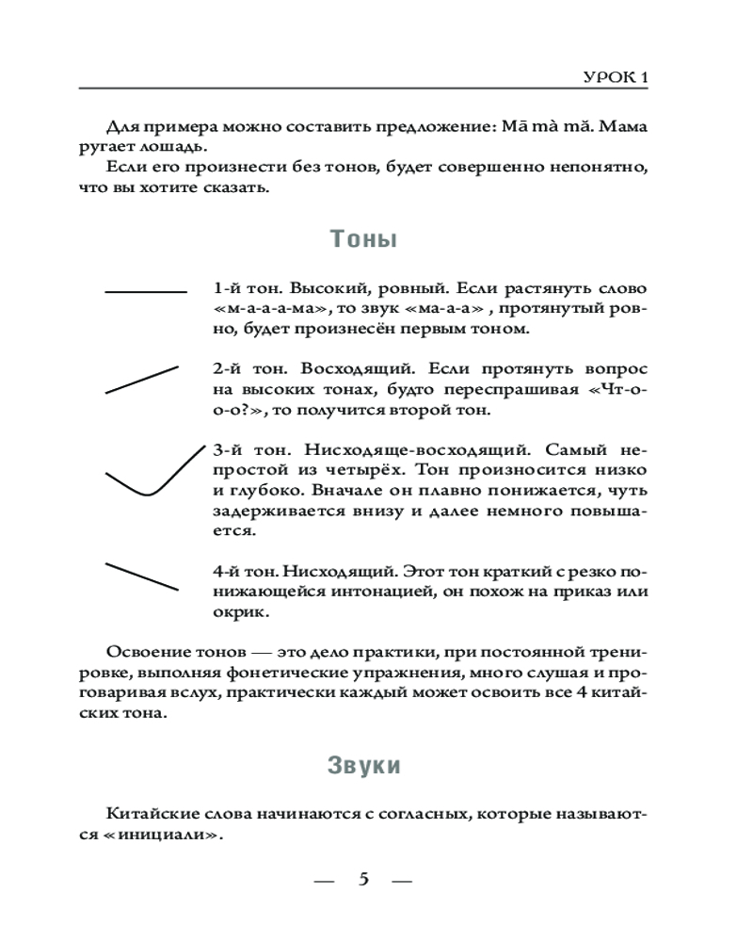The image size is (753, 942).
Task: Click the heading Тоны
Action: pyautogui.click(x=363, y=239)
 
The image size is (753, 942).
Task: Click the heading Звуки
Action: pyautogui.click(x=363, y=765)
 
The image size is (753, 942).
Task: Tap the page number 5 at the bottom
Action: pyautogui.click(x=363, y=880)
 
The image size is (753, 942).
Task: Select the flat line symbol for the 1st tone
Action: pyautogui.click(x=146, y=293)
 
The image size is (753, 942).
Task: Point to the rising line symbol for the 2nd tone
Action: pyautogui.click(x=141, y=380)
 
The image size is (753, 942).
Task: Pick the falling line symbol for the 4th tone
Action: pyautogui.click(x=141, y=577)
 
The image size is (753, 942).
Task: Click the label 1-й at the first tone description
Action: pyautogui.click(x=229, y=287)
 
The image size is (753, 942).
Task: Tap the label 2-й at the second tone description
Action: pyautogui.click(x=229, y=368)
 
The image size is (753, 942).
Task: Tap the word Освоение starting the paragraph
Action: pyautogui.click(x=146, y=652)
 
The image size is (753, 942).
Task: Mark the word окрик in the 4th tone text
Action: pyautogui.click(x=240, y=612)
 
